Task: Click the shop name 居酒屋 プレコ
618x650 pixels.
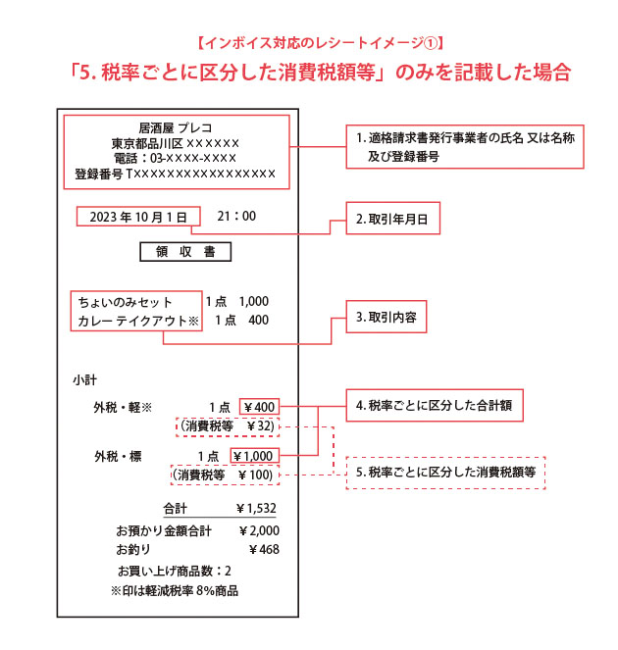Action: point(176,127)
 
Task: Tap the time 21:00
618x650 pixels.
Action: point(236,216)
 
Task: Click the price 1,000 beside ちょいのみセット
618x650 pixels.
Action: point(253,302)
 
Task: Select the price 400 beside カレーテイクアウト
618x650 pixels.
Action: point(258,321)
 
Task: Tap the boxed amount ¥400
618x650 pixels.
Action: point(258,407)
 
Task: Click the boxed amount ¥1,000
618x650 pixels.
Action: point(254,456)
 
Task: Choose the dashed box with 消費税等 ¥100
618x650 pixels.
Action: point(224,475)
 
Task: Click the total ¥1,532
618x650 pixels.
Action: point(256,509)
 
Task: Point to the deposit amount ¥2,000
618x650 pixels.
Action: point(259,529)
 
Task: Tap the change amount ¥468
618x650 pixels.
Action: point(264,549)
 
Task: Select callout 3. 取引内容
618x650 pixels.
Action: point(386,320)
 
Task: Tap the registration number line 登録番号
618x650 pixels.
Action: point(176,175)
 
